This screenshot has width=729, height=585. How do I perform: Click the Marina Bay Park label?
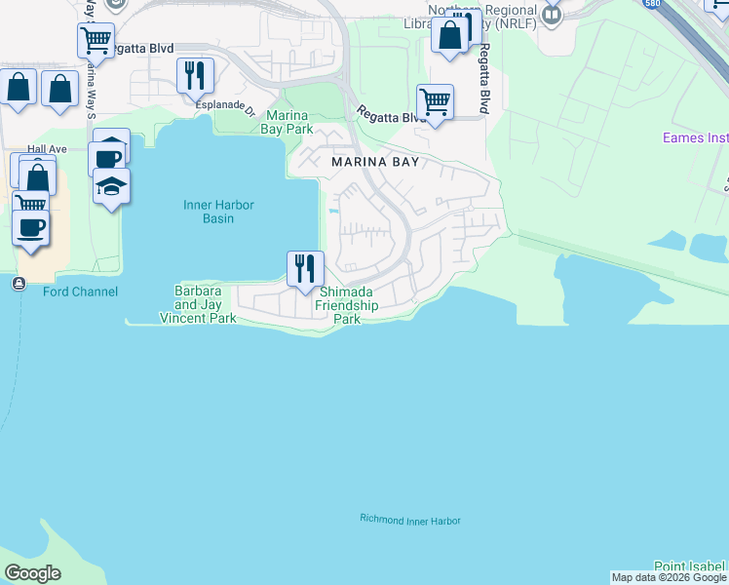[x=289, y=122]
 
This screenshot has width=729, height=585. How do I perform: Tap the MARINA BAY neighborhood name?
[x=374, y=162]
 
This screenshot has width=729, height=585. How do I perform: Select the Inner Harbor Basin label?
[x=210, y=212]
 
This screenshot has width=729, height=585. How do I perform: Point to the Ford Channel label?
[x=80, y=292]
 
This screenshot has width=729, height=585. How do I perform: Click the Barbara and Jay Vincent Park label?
[x=199, y=304]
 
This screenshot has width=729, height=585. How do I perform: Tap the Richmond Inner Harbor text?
[x=409, y=520]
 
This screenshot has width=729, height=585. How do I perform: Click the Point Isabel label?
[x=690, y=565]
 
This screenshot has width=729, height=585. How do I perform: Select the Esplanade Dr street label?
[x=225, y=111]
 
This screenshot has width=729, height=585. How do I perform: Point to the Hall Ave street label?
[x=47, y=149]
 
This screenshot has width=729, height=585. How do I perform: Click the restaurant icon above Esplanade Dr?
[x=196, y=74]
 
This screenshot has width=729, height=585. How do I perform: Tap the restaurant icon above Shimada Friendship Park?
[x=305, y=267]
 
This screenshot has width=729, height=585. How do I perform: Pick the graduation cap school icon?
[x=112, y=185]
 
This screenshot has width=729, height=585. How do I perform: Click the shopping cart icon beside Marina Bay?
[x=435, y=99]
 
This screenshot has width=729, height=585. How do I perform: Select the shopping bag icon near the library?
[x=450, y=35]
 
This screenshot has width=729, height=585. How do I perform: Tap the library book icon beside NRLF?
[x=553, y=14]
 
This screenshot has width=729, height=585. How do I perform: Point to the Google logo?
[x=32, y=573]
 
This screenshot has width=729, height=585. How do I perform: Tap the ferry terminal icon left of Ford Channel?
[x=19, y=284]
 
